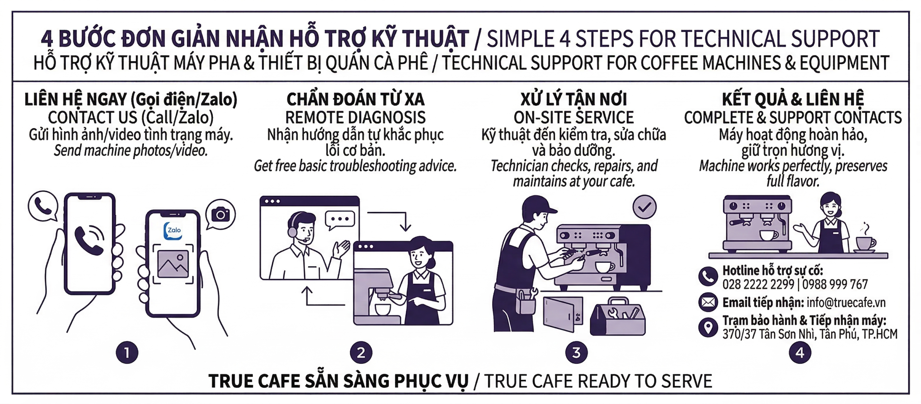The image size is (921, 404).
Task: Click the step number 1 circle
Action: tap(127, 353)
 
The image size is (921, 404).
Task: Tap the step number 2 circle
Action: tap(361, 353)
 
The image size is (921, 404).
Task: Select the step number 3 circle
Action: tap(576, 353)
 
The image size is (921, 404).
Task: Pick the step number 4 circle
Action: tap(800, 353)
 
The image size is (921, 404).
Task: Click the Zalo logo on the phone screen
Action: tap(173, 230)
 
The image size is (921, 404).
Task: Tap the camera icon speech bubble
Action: tap(221, 214)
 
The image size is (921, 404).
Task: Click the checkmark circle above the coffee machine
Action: tap(644, 207)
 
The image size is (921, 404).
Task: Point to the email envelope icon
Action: tap(708, 302)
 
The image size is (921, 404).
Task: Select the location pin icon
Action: tap(708, 327)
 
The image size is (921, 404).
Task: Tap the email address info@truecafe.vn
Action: tap(846, 302)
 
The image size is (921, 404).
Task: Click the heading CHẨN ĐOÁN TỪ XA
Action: tap(355, 99)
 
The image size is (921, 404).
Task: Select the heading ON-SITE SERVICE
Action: tap(573, 117)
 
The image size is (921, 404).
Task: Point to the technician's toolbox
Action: tap(618, 317)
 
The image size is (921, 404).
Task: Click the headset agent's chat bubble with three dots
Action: tap(340, 219)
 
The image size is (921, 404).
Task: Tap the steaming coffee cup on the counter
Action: tap(865, 243)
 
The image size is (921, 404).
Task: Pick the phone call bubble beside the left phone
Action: tap(43, 206)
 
